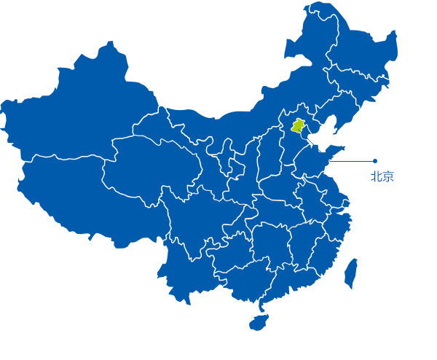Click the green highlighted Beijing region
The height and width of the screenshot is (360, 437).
pos(297,126)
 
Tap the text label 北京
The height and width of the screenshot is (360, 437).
pos(382,176)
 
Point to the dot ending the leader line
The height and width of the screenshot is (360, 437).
pos(374,161)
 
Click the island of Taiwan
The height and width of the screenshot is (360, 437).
pos(350,270)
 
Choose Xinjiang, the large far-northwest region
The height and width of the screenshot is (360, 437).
pos(80,109)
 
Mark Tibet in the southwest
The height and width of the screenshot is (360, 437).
pos(73,189)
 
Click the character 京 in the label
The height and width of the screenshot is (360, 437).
pos(387,176)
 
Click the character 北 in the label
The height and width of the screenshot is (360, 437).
pos(376,176)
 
